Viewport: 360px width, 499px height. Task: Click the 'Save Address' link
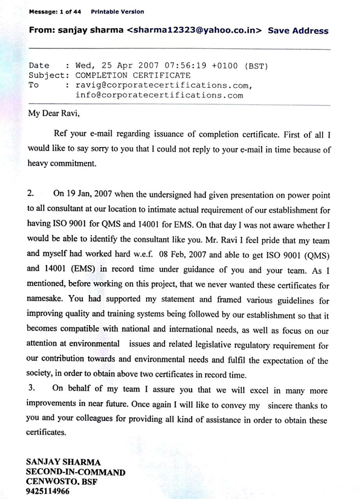coord(298,31)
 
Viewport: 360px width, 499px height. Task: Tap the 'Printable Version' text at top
coord(117,12)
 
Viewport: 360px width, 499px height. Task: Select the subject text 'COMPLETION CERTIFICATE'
coord(133,75)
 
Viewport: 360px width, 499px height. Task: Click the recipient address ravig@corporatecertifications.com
coord(162,85)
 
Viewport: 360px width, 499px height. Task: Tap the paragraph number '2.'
coord(31,194)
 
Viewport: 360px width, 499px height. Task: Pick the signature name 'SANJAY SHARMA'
coord(63,462)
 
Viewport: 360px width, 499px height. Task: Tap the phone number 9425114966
coord(48,492)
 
